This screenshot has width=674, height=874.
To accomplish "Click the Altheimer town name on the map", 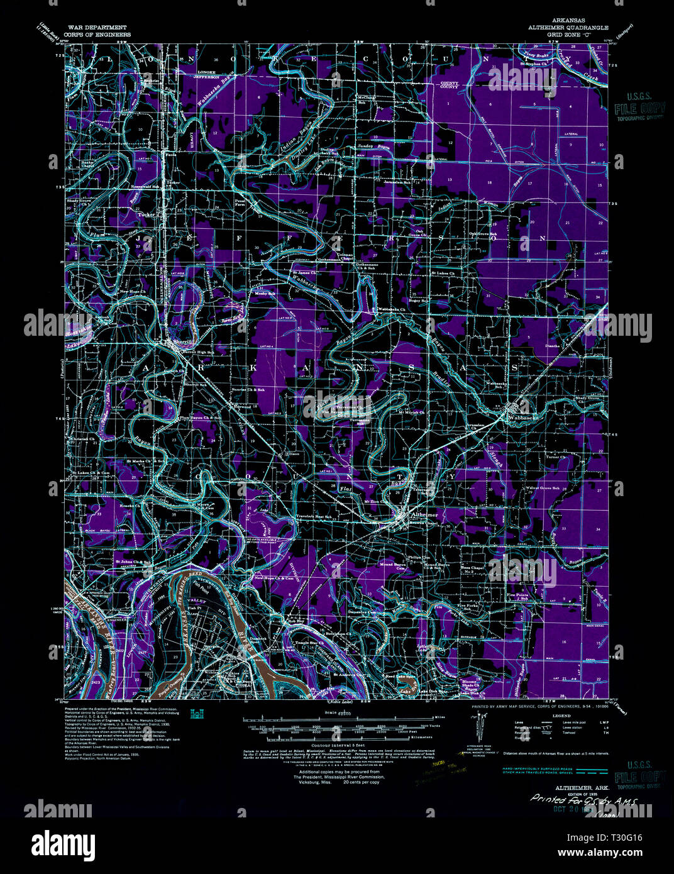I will coord(423,514).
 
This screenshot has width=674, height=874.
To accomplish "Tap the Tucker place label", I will coord(146,214).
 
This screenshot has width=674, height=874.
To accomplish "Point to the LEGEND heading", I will coord(561,716).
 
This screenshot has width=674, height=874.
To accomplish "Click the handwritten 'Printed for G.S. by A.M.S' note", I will coord(584,800).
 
